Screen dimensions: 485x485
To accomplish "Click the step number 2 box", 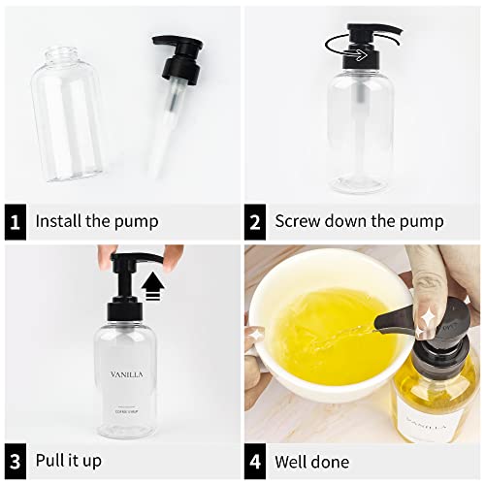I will point(255,221).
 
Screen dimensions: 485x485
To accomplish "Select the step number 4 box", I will point(255,460).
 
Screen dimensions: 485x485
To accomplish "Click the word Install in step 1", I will point(59,221).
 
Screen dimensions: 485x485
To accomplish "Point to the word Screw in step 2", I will point(299,221).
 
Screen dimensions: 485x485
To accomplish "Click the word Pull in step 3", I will point(50,460).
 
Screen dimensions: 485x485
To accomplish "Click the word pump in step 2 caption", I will point(424,221).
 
